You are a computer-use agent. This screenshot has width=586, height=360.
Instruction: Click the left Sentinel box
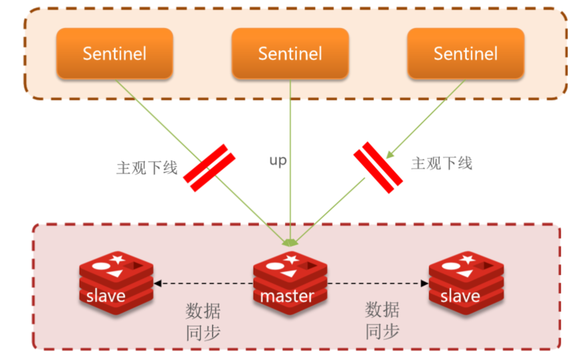pyautogui.click(x=114, y=54)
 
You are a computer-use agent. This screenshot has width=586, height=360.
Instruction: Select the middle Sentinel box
pyautogui.click(x=290, y=54)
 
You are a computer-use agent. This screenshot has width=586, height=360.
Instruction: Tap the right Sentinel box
pyautogui.click(x=466, y=54)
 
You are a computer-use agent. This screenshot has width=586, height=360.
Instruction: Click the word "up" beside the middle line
pyautogui.click(x=278, y=161)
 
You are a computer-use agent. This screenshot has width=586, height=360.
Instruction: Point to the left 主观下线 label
pyautogui.click(x=147, y=167)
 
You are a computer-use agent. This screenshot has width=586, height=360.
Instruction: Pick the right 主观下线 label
pyautogui.click(x=442, y=163)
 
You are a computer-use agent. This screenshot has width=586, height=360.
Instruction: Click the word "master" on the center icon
pyautogui.click(x=288, y=296)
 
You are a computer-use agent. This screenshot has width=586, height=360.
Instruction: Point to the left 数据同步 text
pyautogui.click(x=203, y=321)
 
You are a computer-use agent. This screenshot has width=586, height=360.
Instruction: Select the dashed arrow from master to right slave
pyautogui.click(x=378, y=284)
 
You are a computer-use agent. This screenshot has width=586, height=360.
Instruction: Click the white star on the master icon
pyautogui.click(x=290, y=259)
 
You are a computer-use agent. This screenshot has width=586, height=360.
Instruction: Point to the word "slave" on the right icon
pyautogui.click(x=460, y=296)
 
